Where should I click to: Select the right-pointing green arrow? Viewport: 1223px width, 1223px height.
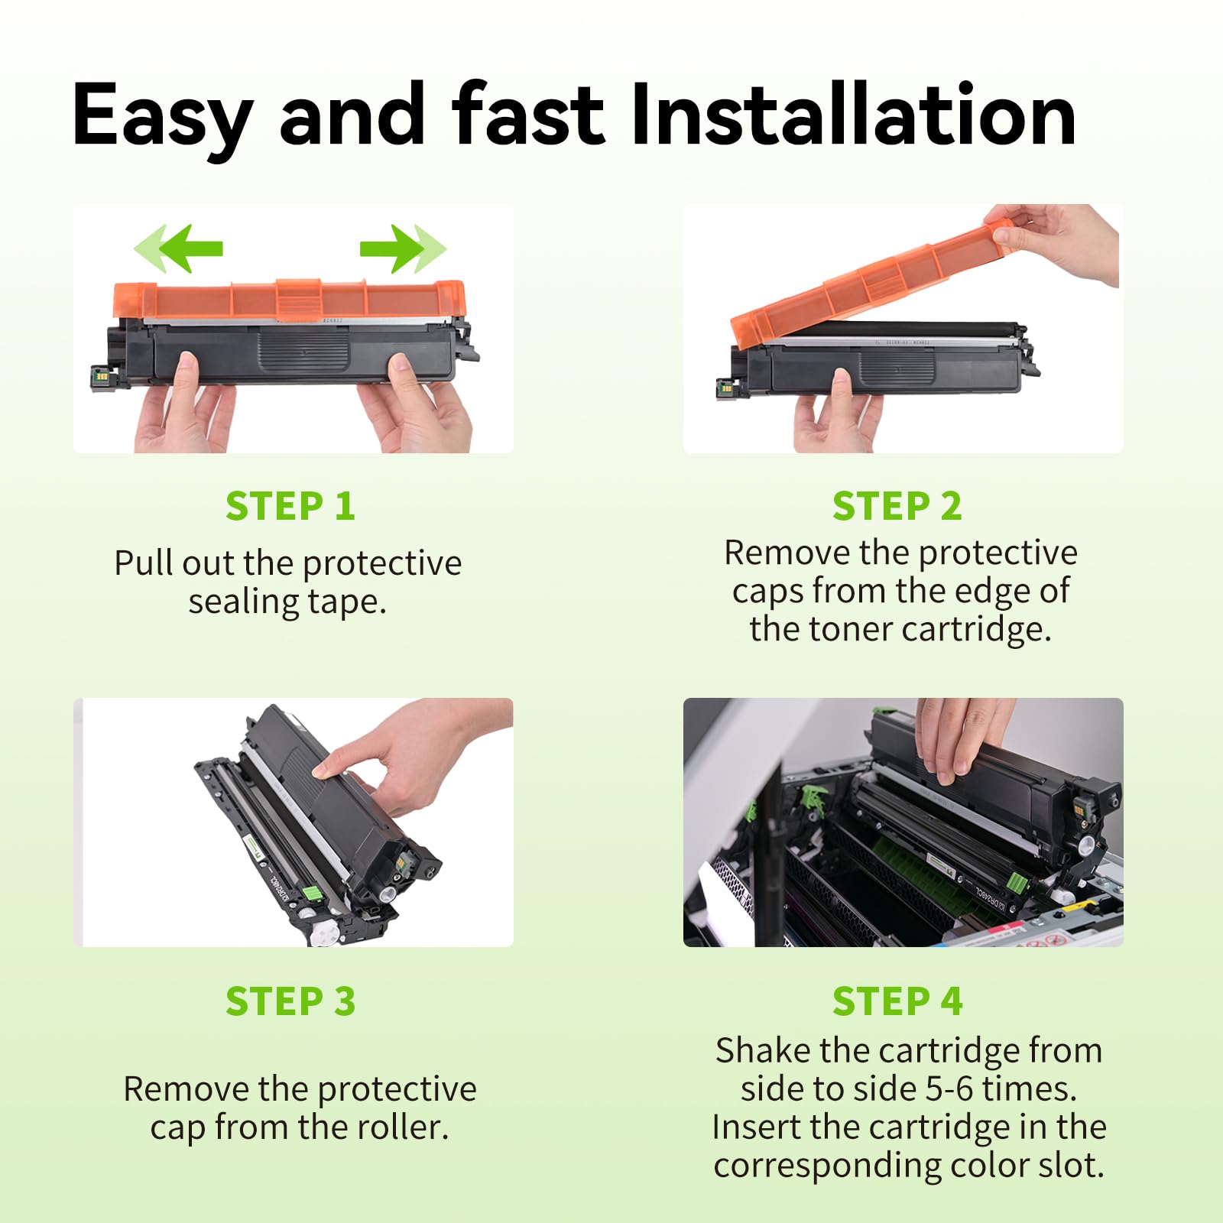pos(403,248)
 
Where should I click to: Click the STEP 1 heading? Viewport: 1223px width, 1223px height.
pos(290,506)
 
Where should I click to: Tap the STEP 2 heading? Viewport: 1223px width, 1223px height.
pos(897,506)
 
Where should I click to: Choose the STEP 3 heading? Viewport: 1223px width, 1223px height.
pos(290,1001)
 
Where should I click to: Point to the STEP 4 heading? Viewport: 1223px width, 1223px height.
pos(897,1001)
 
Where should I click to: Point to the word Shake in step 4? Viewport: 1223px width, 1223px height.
pos(763,1050)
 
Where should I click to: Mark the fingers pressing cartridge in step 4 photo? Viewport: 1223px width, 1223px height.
pos(963,734)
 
